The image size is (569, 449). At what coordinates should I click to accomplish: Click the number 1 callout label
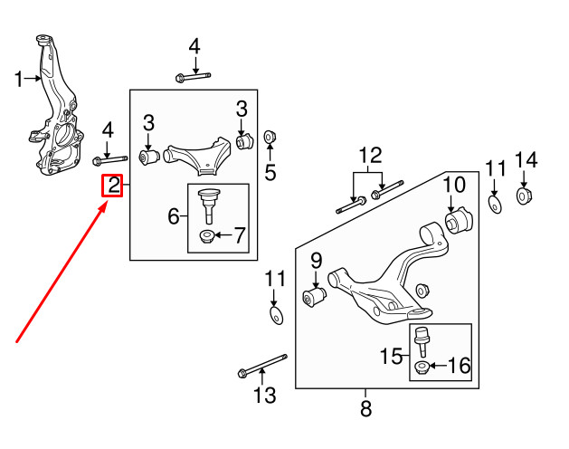(x=20, y=81)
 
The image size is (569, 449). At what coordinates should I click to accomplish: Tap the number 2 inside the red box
(x=114, y=186)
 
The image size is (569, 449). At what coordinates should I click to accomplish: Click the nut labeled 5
(x=270, y=138)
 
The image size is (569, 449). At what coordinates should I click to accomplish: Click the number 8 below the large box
(x=365, y=409)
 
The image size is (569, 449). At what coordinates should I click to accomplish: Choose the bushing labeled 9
(x=314, y=296)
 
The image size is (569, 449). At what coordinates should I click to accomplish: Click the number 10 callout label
(x=454, y=185)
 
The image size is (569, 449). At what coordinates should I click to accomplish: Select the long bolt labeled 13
(x=261, y=367)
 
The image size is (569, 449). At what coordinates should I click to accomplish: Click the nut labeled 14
(x=524, y=196)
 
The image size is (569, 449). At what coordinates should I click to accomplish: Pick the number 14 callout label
(x=526, y=161)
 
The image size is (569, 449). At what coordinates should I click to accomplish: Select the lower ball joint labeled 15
(x=422, y=340)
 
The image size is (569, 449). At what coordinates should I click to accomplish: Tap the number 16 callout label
(x=459, y=366)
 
